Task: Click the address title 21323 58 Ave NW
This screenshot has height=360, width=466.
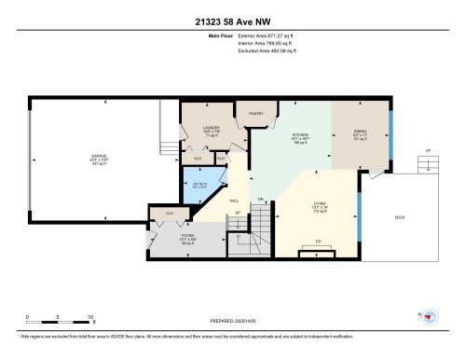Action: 233,21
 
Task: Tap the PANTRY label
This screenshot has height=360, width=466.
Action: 256,114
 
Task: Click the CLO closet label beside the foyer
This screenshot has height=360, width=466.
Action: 169,214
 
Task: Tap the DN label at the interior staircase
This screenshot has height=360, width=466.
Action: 261,199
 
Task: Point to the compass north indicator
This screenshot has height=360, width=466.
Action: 430,316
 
